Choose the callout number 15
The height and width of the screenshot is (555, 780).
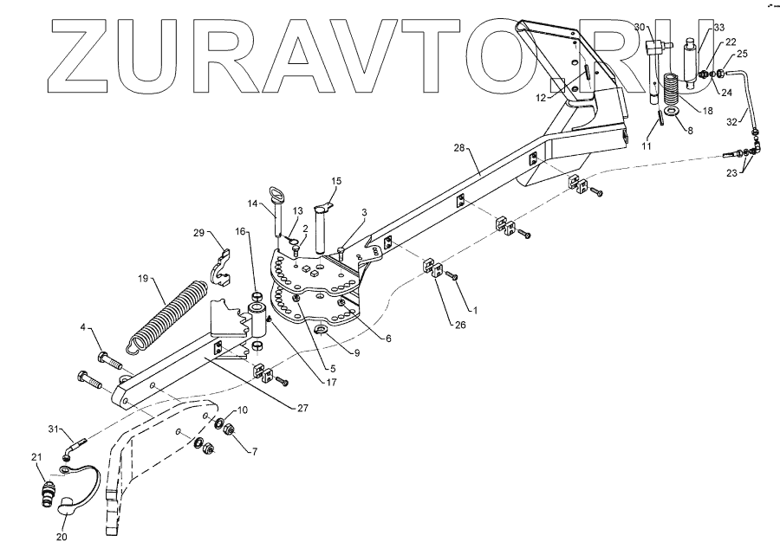pyautogui.click(x=337, y=181)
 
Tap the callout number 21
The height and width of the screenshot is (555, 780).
pyautogui.click(x=36, y=457)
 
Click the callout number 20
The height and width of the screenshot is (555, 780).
pyautogui.click(x=62, y=537)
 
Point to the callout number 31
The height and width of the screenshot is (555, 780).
pyautogui.click(x=53, y=430)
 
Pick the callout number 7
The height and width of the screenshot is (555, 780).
pyautogui.click(x=255, y=452)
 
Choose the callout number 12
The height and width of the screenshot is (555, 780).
pyautogui.click(x=541, y=98)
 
